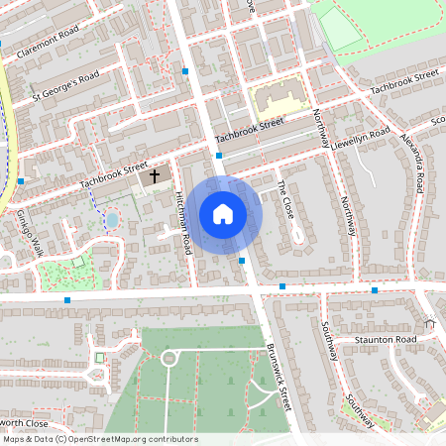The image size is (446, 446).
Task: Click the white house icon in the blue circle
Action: click(x=223, y=213)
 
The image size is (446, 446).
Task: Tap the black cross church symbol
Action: click(x=154, y=177)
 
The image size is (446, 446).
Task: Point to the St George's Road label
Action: click(x=66, y=85)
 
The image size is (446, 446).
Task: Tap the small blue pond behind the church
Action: click(x=111, y=219)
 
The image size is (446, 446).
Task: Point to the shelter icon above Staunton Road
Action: click(x=430, y=323)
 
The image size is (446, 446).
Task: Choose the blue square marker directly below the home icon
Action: click(x=243, y=260)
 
